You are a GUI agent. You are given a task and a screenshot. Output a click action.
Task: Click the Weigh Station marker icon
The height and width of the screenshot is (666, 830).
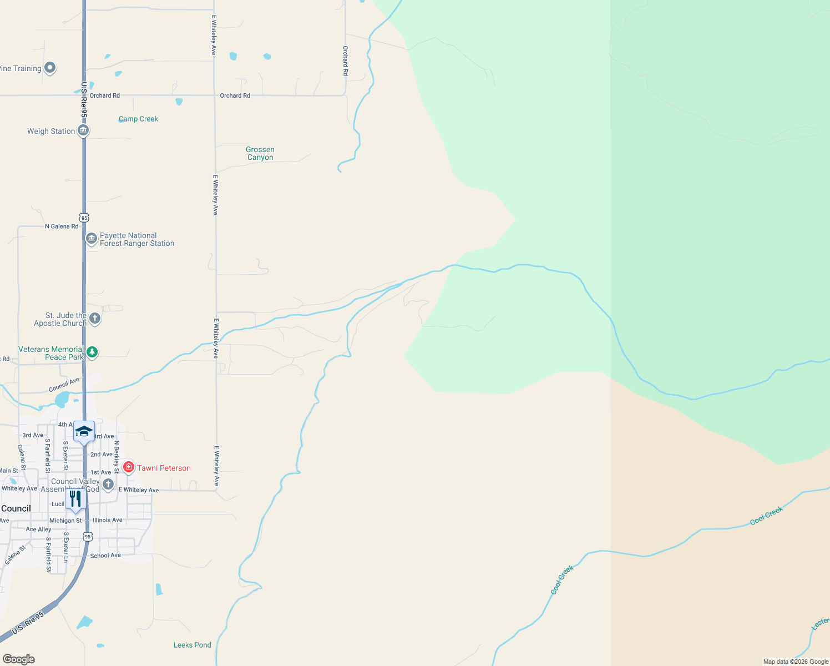[x=83, y=130]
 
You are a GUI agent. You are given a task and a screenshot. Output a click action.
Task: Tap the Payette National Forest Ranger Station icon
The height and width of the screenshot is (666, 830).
[x=92, y=239]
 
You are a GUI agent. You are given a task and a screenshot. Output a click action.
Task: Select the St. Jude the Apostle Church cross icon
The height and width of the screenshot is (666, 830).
[x=95, y=319]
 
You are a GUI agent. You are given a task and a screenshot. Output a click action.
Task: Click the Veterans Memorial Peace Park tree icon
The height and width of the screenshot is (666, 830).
[x=92, y=352]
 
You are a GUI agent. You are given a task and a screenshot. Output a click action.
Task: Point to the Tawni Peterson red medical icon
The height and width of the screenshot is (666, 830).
[x=129, y=467]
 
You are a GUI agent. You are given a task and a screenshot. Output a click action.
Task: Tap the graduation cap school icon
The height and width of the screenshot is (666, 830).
[x=84, y=431]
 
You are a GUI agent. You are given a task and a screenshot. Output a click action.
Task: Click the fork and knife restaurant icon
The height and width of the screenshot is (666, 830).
[x=75, y=498]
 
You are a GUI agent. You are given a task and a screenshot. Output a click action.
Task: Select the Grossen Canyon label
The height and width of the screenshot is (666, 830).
[x=260, y=153]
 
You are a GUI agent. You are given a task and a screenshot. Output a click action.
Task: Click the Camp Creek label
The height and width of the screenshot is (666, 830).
[x=138, y=119]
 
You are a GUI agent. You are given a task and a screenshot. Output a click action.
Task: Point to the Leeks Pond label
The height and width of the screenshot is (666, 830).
[x=192, y=645]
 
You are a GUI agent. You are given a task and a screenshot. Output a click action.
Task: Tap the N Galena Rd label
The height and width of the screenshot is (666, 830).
[x=62, y=226]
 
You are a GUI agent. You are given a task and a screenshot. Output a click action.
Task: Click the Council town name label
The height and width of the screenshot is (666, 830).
[x=16, y=508]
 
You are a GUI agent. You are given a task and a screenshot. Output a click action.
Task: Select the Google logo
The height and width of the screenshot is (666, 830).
[x=19, y=659]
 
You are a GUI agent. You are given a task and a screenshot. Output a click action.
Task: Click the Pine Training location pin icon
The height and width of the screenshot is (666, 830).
[x=50, y=68]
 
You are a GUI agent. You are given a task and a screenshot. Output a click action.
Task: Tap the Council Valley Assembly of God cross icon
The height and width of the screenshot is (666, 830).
[x=108, y=484]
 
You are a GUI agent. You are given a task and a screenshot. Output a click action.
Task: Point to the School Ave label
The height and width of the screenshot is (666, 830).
[x=105, y=556]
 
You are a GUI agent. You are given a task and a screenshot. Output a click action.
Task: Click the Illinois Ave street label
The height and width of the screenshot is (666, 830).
[x=108, y=520]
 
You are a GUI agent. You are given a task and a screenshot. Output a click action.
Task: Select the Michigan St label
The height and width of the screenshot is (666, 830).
[x=65, y=521]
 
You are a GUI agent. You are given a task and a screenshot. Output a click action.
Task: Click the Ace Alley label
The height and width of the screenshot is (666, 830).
[x=38, y=529]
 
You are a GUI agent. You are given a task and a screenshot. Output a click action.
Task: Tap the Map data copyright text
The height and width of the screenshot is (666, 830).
[x=796, y=662]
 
